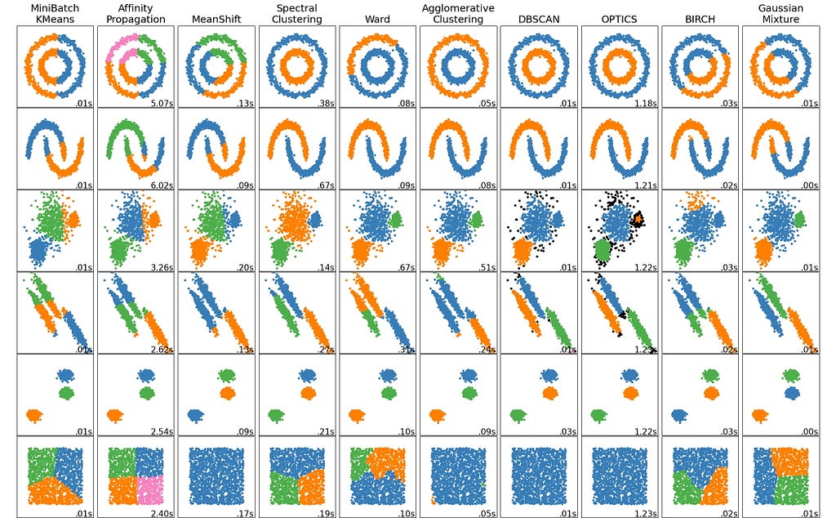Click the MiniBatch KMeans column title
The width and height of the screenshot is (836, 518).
tap(53, 13)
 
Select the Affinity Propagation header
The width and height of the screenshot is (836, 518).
tap(135, 13)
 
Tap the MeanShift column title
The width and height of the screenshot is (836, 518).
tap(216, 19)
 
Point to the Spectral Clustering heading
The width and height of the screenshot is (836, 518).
tap(296, 13)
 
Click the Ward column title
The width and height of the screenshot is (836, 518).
tap(376, 19)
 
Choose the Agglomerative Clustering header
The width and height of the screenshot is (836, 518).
tap(457, 13)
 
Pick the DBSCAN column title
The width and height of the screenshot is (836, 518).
tap(537, 19)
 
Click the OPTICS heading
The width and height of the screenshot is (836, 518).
tap(618, 19)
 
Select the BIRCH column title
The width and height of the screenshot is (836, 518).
tap(699, 19)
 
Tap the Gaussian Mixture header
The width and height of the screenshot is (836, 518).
tap(780, 13)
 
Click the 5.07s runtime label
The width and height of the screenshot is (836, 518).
tap(160, 103)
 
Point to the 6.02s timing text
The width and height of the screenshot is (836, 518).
tap(160, 185)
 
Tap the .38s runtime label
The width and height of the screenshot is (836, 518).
tap(324, 103)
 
